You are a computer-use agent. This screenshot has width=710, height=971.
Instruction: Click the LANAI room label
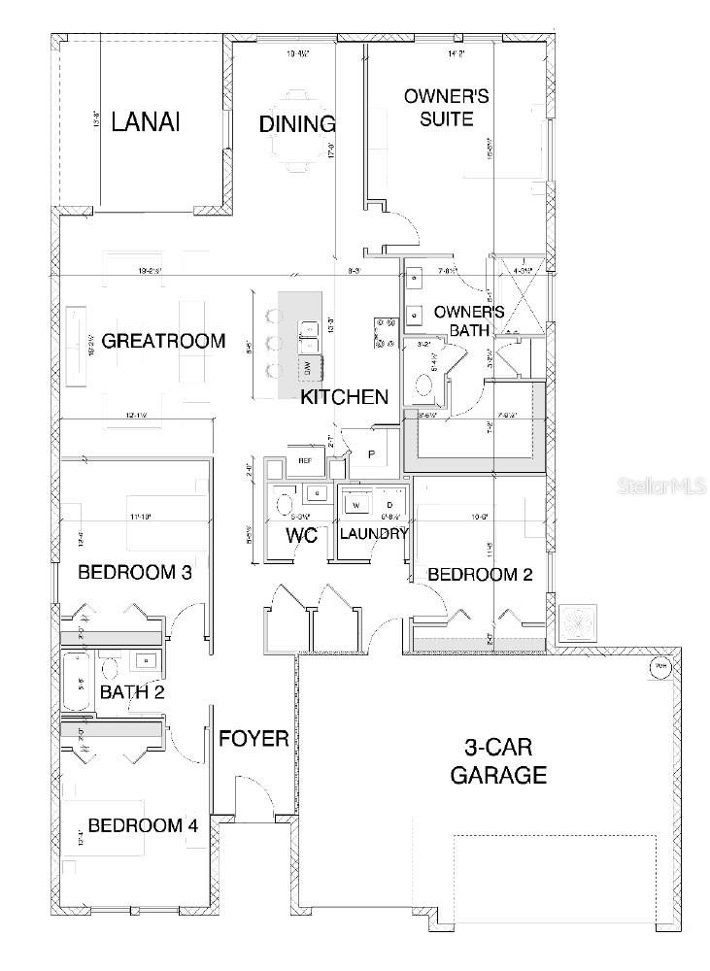coord(148,122)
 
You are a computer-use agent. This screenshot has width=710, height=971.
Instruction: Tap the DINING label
coord(297,124)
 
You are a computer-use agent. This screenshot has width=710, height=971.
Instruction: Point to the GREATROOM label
coord(163,341)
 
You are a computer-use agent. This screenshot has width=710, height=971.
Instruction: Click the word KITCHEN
coord(344,397)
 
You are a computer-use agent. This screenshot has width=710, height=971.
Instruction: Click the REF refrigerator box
coord(304,460)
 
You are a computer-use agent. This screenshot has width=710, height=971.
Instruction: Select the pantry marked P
coord(370,454)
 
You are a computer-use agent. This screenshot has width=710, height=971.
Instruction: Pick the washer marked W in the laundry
coord(355,505)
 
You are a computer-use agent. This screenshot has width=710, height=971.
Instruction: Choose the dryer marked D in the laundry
coord(389,505)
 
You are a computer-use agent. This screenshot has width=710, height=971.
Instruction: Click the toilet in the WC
coord(285,504)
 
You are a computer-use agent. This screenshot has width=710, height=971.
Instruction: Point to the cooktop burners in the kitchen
coord(382,332)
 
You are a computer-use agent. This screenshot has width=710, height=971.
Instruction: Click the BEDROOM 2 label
coord(480,574)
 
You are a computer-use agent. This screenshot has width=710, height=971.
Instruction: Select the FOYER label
coord(254,739)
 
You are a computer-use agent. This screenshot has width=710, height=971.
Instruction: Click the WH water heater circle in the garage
coord(659,667)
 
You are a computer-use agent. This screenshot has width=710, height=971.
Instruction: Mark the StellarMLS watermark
coord(660,485)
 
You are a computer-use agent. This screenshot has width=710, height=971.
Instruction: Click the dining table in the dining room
coord(298,136)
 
